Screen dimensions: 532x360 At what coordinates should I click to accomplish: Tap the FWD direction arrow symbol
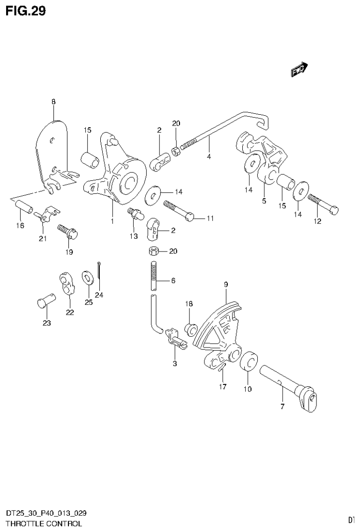coord(299,69)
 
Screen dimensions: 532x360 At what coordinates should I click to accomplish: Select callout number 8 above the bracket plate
coord(53,101)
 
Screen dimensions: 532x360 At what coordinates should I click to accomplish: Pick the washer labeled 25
coord(87,277)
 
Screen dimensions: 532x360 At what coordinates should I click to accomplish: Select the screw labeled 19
coord(68,231)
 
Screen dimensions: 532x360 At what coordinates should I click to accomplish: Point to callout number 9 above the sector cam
coord(225,284)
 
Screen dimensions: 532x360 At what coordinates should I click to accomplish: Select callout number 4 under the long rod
coord(209,156)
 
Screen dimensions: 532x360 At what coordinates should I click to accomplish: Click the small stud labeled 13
coord(135,214)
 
